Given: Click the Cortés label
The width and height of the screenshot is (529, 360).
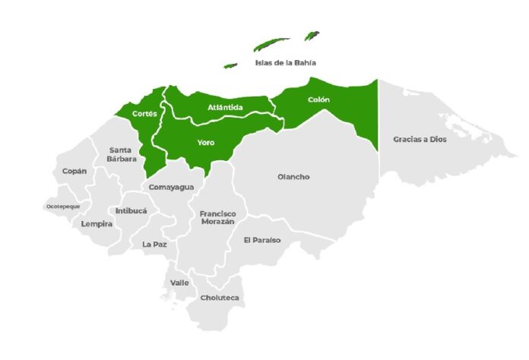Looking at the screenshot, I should pos(144,113).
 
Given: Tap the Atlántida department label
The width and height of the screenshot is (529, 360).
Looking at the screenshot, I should pos(225,108).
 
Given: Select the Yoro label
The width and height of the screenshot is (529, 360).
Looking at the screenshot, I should pos(205,142).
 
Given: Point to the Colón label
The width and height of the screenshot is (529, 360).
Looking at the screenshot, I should pos(318,99).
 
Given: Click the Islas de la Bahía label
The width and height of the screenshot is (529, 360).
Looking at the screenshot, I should pos(284,63).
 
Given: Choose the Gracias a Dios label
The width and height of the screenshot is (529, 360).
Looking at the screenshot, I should pos(420,139).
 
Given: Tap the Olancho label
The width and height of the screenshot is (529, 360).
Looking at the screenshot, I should pos(293,177).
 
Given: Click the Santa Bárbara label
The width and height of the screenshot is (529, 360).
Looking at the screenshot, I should pos(122,154).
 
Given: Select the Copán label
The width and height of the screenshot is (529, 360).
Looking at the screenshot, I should pos(74,171).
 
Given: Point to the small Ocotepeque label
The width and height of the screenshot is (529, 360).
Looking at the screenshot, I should pos(62,206).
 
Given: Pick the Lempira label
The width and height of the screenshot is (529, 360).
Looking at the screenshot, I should pos(97,224).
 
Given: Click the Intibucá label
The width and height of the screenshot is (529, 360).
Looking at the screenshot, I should pos(131,210).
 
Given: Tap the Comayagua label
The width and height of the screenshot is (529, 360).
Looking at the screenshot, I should pos(171,187).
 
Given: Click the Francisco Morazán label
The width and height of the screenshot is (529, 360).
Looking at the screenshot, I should pos(217,218).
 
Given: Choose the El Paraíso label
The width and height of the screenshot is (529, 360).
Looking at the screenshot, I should pos(261,240).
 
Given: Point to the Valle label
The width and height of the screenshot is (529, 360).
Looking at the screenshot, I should pos(179,283).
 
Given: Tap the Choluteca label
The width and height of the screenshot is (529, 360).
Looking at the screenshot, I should pos(219,298).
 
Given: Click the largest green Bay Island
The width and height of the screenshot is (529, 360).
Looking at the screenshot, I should pos(271,44).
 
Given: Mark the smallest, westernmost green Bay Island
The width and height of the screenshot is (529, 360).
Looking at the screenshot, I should pos(230,65).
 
